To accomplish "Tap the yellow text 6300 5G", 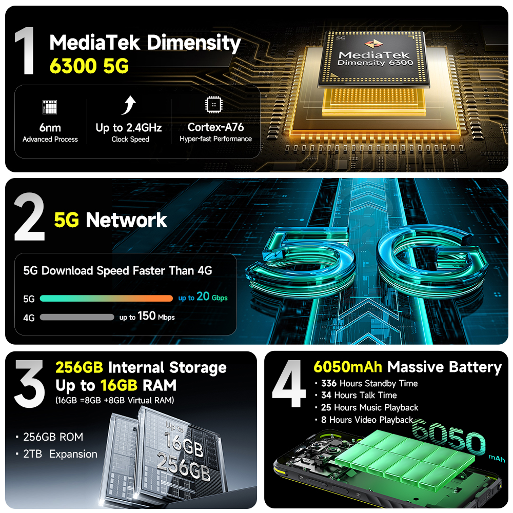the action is [89, 66].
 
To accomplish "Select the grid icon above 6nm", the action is [50, 107].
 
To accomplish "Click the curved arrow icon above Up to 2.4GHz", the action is [129, 105].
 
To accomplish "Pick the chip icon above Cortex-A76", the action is [213, 105].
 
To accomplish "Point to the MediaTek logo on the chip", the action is [373, 44].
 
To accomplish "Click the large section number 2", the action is [29, 217].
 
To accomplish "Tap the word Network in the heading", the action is [126, 220].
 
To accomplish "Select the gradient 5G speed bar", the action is [106, 299].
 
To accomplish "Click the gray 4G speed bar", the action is [77, 317].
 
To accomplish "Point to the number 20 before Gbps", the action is [203, 296].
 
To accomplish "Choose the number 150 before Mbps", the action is [147, 315].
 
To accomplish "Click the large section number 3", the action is [29, 384].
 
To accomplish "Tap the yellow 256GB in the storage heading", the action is [79, 367].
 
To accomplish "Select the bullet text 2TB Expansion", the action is [60, 454].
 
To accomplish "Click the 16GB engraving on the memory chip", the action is [184, 443].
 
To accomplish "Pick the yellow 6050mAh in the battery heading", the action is [348, 367].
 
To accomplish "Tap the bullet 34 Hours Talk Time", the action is [359, 395].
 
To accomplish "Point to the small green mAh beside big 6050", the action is [497, 458].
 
